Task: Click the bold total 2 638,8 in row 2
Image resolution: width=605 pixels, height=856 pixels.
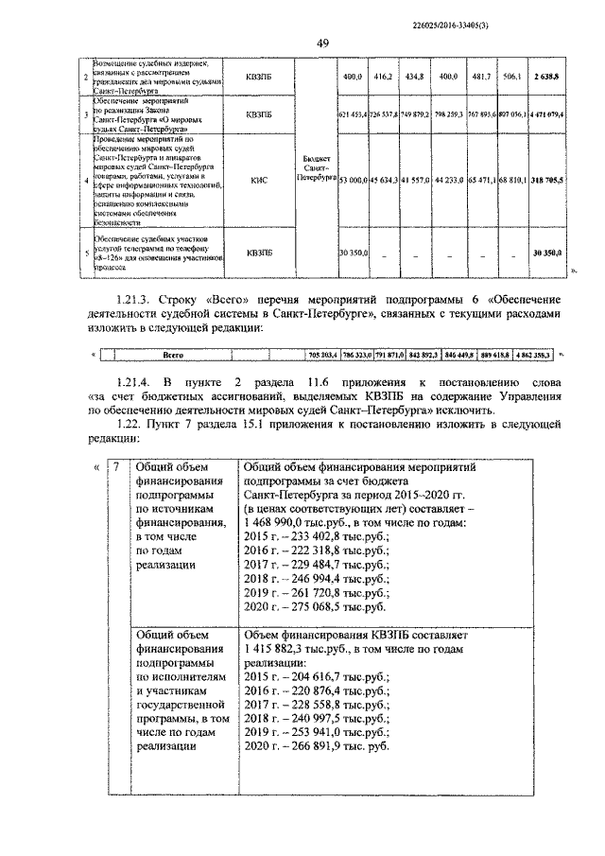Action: [545, 75]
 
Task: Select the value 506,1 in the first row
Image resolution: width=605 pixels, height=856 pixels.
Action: [513, 75]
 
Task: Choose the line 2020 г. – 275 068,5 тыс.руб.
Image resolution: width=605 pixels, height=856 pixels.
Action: [315, 606]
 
